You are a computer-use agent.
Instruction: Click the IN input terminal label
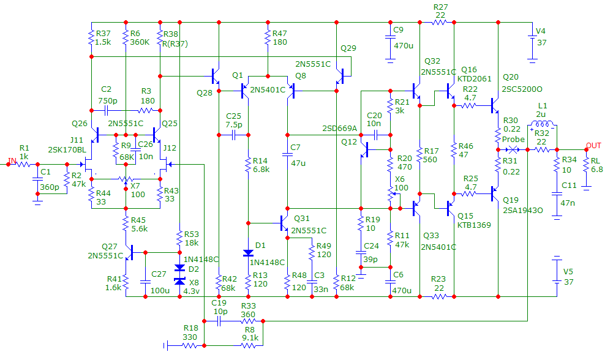[x=11, y=160]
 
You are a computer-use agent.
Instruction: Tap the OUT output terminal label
[x=593, y=145]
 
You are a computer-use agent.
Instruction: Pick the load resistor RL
[x=585, y=164]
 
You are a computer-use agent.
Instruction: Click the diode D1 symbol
[x=248, y=253]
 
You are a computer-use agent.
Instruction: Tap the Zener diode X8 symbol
[x=179, y=280]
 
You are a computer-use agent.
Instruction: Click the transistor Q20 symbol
[x=495, y=105]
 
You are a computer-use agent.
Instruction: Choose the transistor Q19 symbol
[x=495, y=193]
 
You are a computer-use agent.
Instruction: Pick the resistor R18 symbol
[x=190, y=345]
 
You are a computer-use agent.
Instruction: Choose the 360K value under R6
[x=141, y=42]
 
